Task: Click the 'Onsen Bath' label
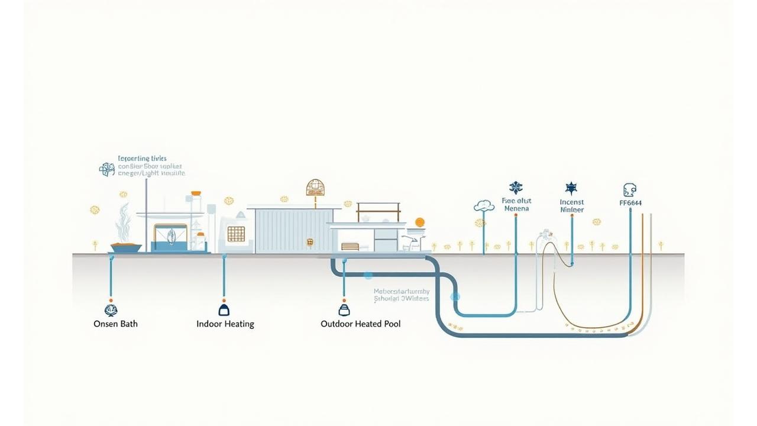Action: coord(115,324)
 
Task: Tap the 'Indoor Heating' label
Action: coord(225,324)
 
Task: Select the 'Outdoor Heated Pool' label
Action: coord(360,324)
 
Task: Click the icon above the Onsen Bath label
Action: coord(111,309)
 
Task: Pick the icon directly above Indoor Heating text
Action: coord(224,309)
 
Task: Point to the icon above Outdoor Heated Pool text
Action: coord(344,309)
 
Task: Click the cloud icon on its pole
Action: coord(484,206)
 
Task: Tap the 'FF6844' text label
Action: coord(630,203)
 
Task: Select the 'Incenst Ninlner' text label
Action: coord(571,206)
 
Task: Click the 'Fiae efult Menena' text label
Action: coord(516,204)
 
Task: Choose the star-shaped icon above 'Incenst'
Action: coord(571,189)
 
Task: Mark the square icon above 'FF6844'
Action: coord(629,190)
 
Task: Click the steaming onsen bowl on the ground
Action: coord(126,247)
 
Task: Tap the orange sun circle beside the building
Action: coord(420,222)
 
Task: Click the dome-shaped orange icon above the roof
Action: coord(316,188)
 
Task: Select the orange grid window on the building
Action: coord(236,234)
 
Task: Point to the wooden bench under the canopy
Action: coord(350,247)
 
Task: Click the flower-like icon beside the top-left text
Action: coord(107,169)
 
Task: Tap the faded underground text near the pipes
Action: coord(402,295)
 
